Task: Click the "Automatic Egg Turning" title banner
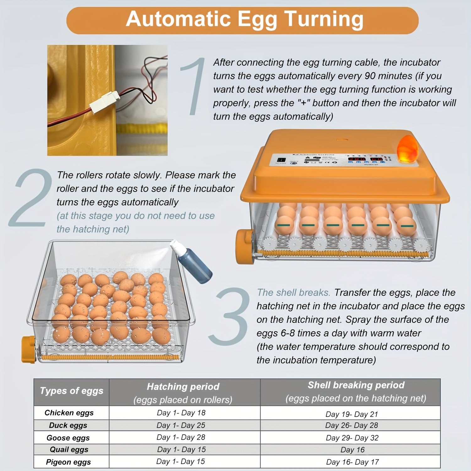(x=242, y=20)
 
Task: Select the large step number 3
(x=229, y=316)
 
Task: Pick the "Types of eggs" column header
(x=72, y=391)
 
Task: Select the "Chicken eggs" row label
(x=69, y=413)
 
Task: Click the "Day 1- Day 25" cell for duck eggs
(x=181, y=425)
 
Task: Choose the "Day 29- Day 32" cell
(x=352, y=438)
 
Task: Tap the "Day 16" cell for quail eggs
(x=353, y=450)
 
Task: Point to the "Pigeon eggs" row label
(x=68, y=462)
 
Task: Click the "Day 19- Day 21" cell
(x=352, y=414)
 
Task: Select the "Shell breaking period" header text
(x=356, y=385)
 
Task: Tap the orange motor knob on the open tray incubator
(x=28, y=349)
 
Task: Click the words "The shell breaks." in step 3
(x=294, y=293)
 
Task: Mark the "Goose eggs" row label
(x=68, y=438)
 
